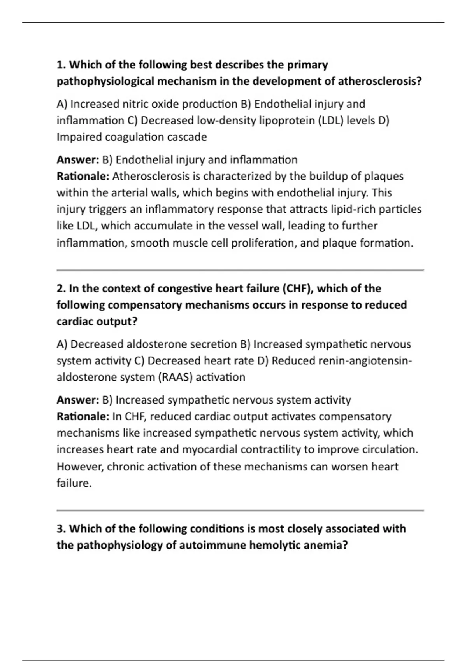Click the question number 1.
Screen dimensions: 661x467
(61, 65)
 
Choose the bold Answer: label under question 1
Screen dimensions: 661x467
(78, 160)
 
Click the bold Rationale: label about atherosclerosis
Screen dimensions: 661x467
(83, 177)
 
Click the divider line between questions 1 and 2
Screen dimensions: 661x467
(240, 270)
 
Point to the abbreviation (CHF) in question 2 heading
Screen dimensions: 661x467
(298, 289)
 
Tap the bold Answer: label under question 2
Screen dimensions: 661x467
(78, 400)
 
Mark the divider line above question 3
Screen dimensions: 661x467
(240, 510)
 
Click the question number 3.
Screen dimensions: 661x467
(61, 529)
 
